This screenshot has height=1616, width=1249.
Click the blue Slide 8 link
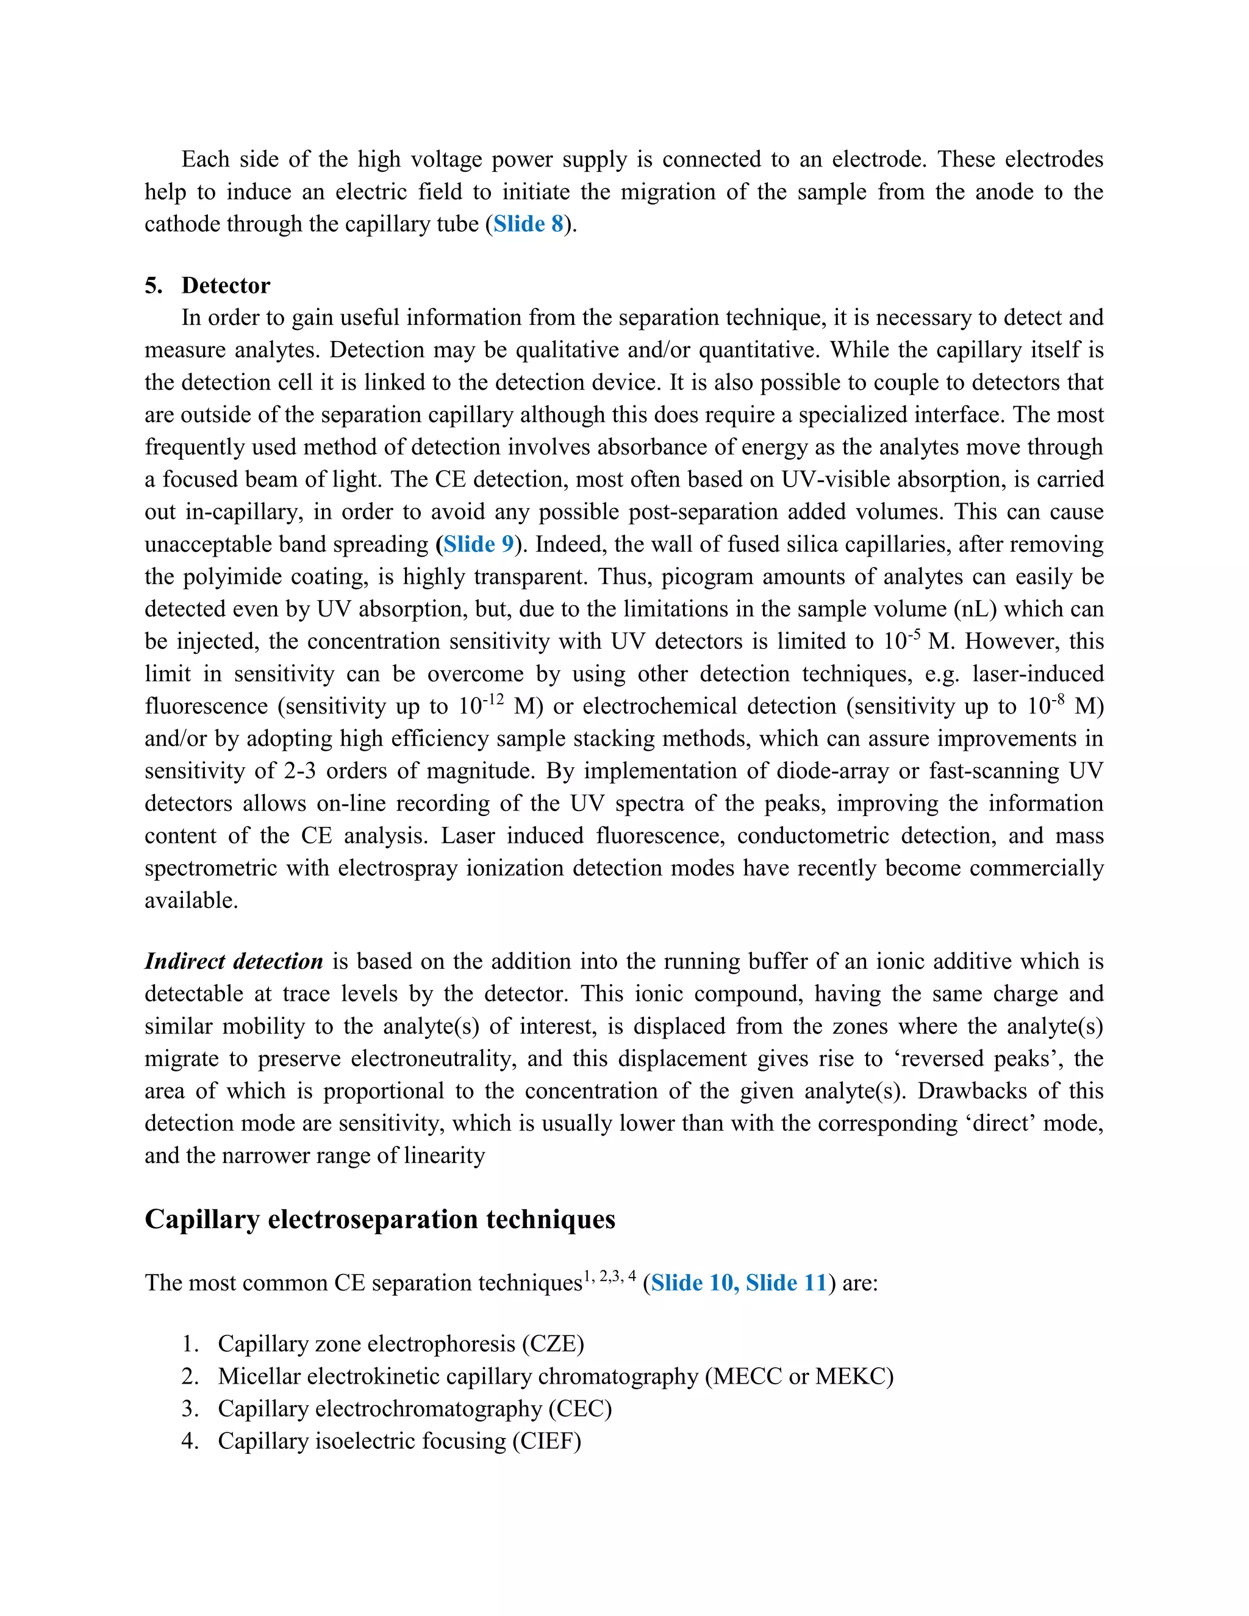click(528, 224)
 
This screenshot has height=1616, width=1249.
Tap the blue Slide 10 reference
click(695, 1282)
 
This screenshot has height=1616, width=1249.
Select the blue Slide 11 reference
click(786, 1282)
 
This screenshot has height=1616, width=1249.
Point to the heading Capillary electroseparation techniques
click(379, 1218)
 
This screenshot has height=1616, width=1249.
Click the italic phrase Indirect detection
click(234, 961)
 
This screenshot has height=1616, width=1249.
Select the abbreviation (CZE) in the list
click(553, 1343)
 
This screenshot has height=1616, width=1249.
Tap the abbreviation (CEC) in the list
click(580, 1408)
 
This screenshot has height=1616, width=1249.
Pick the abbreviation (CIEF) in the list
click(547, 1440)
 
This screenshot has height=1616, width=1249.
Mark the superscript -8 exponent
click(1058, 698)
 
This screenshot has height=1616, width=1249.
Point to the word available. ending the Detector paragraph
click(191, 901)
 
